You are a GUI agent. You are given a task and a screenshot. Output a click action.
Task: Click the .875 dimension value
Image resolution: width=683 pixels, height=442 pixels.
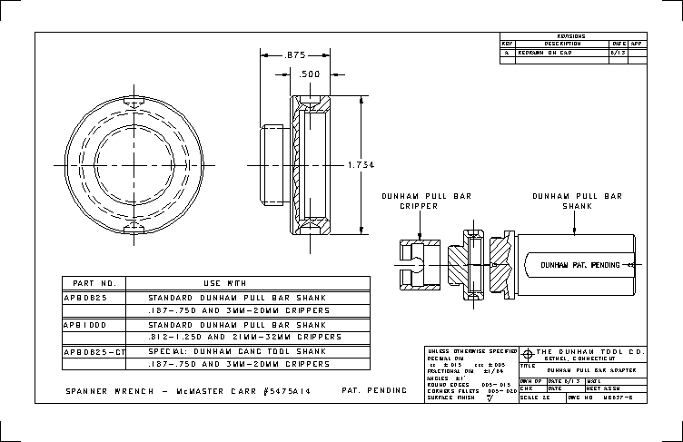point(294,55)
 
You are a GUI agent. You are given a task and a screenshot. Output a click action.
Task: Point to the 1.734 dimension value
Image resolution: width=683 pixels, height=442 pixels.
point(361,164)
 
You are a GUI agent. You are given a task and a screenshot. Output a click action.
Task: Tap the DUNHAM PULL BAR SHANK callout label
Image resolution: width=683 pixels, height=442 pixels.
point(576,201)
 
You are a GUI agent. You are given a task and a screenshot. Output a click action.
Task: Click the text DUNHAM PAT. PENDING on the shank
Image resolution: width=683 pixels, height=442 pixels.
point(579,265)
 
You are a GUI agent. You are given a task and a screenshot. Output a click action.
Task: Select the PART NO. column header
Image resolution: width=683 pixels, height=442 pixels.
point(94,283)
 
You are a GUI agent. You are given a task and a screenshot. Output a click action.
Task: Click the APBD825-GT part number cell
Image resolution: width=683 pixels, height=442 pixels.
point(94,350)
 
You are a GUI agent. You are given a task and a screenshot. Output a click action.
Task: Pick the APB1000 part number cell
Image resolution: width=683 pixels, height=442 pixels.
point(85,324)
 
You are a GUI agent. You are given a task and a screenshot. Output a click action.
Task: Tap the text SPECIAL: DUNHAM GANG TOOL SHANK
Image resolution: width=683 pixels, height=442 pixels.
point(236,350)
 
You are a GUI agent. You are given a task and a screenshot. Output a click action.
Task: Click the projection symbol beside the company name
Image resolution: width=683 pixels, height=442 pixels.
point(528,352)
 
